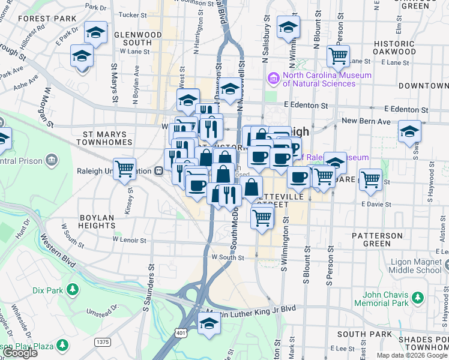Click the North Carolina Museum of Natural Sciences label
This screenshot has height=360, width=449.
tap(319, 79)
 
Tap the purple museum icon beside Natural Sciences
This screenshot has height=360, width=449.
tap(274, 79)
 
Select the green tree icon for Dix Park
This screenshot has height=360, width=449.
tap(73, 290)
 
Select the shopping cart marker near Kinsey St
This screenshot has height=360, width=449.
tap(124, 169)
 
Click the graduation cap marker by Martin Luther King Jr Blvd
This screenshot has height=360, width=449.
tap(208, 323)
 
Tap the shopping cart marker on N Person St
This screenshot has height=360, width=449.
tap(339, 56)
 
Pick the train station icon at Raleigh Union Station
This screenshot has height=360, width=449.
tap(159, 170)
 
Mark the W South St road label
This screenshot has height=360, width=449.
tap(227, 257)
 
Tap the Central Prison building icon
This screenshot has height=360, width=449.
tap(52, 160)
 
